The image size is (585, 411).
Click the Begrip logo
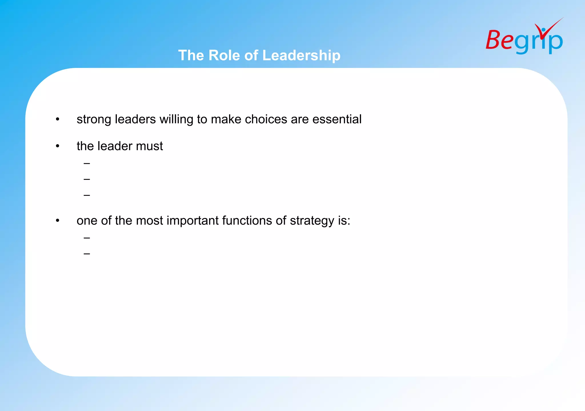[524, 39]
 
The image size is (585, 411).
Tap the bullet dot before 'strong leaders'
[58, 119]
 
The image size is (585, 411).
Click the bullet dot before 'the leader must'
[58, 146]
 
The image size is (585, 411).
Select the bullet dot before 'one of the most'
[58, 221]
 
